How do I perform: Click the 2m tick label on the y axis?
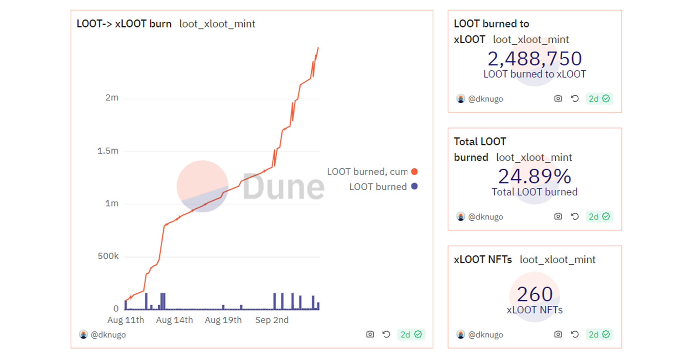coord(112,98)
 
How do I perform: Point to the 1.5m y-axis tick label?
coord(108,151)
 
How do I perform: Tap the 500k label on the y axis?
coord(108,256)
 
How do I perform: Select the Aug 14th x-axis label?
coord(174,320)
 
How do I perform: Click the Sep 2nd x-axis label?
coord(272,320)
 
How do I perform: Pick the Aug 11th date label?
coord(126,320)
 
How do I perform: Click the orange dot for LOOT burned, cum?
coord(414,171)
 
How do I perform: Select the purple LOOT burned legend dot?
coord(414,186)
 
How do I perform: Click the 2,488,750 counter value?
coord(534,59)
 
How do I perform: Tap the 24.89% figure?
coord(534,176)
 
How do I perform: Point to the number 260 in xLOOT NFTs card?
coord(534,294)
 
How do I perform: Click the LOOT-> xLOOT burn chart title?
coord(124,24)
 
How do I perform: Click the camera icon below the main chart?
coord(370,334)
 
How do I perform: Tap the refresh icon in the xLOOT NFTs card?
coord(575,334)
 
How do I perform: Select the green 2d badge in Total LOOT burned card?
coord(599,217)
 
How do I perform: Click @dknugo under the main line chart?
coord(108,335)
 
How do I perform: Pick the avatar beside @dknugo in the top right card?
coord(460,99)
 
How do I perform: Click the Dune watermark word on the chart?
coord(283,187)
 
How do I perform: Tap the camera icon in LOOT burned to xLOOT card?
coord(558,99)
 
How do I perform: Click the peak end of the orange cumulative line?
coord(318,48)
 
